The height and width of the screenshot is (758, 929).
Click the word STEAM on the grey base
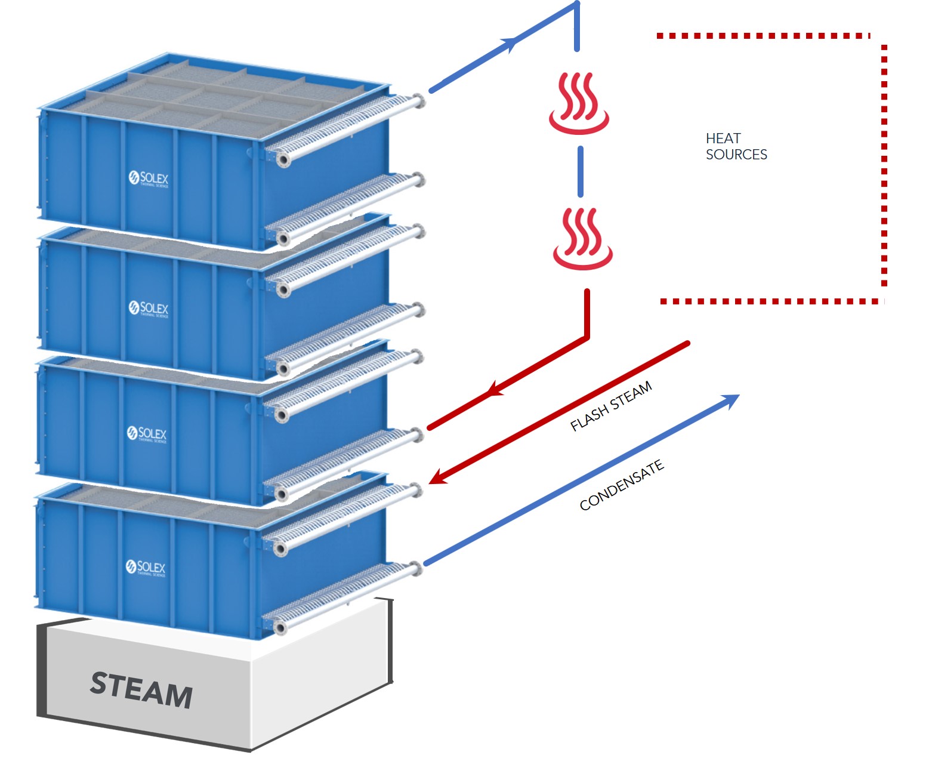(x=141, y=690)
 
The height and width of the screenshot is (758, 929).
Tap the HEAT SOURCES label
(x=736, y=147)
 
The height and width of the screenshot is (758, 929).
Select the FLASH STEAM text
(x=611, y=406)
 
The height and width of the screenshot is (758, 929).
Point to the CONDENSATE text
(x=621, y=485)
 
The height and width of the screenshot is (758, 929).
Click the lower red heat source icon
(x=583, y=239)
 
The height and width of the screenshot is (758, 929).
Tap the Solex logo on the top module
(x=149, y=178)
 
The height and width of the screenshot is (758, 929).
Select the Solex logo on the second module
(x=149, y=308)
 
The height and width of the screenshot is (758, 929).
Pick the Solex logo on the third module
(x=147, y=433)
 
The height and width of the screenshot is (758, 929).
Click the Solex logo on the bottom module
(x=146, y=567)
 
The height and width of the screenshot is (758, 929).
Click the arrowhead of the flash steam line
(x=437, y=477)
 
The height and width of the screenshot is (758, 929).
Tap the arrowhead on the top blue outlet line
(x=510, y=43)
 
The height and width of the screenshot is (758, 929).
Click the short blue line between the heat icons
(x=581, y=171)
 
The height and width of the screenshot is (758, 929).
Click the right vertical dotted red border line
(x=884, y=167)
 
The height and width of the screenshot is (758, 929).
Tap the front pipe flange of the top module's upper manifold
(x=283, y=159)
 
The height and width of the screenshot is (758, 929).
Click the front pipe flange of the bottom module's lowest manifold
(x=280, y=627)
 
